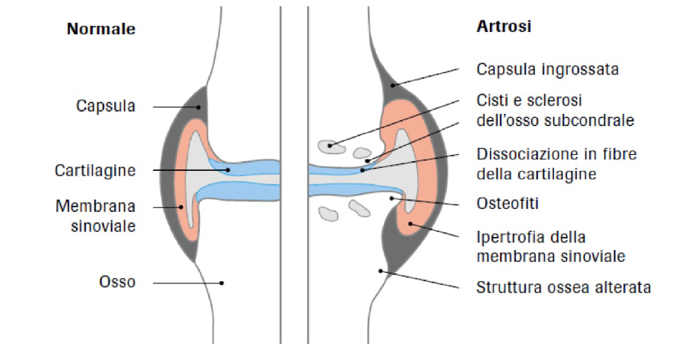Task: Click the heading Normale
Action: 101,30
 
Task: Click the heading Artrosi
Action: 503,26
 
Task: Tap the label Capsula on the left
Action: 106,106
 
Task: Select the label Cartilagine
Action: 95,170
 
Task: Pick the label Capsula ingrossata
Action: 547,69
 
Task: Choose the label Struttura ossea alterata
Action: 563,288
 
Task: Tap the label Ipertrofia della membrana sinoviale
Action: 551,246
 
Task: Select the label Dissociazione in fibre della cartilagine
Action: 556,163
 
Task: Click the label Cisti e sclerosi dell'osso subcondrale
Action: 555,110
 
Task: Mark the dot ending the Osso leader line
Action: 222,283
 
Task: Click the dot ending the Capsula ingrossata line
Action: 393,85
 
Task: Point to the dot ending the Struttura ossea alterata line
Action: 381,271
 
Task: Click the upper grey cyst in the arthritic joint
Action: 329,144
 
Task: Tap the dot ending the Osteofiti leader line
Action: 392,198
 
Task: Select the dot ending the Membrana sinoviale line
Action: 181,207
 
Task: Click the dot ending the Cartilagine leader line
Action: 229,170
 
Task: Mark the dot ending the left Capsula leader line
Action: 198,107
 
